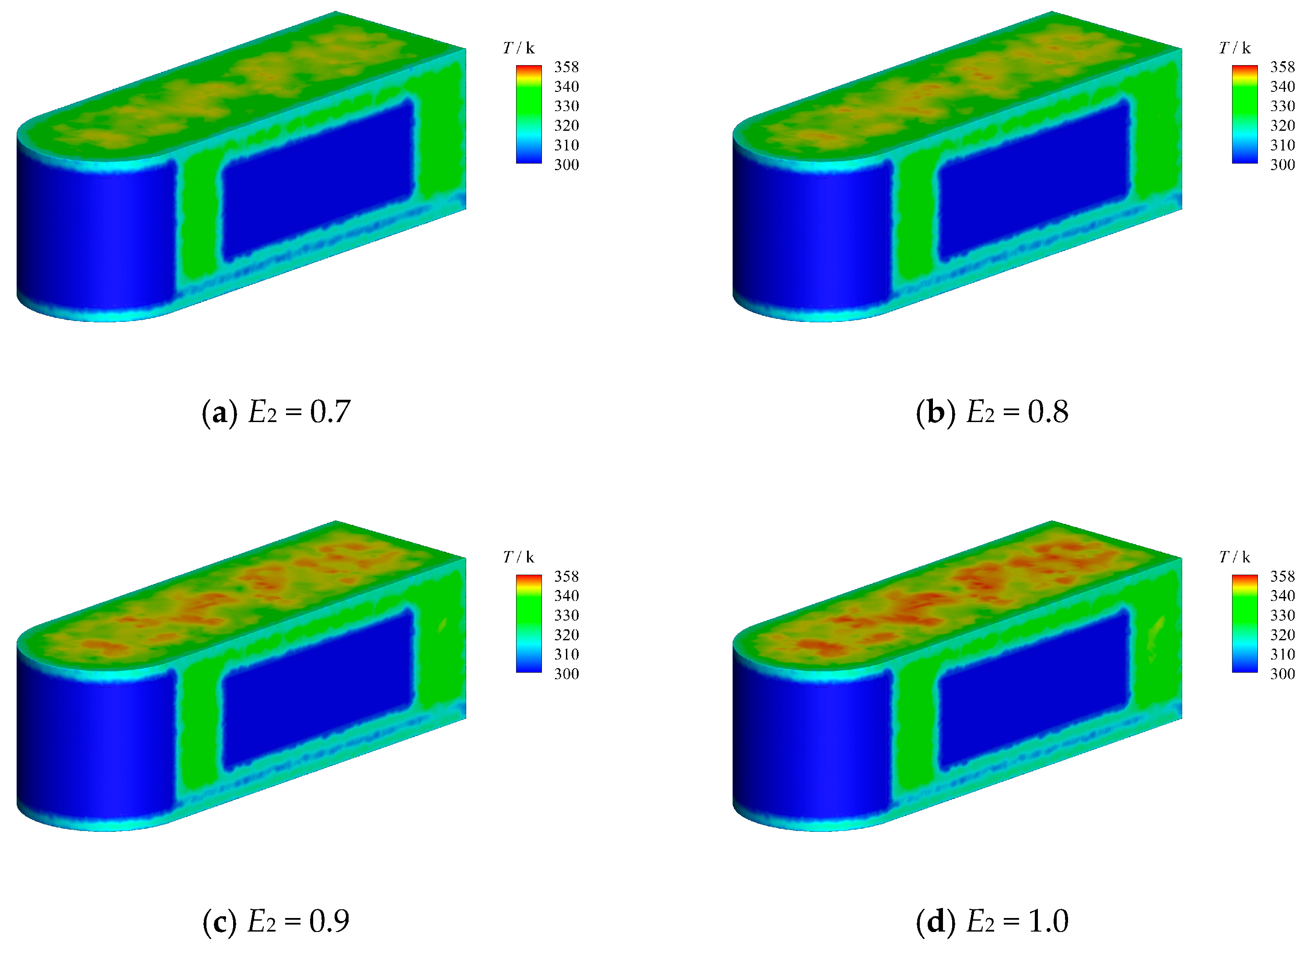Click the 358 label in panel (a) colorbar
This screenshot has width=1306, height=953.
566,67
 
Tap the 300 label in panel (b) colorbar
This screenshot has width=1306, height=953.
1282,164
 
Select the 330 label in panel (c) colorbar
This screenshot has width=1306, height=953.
566,615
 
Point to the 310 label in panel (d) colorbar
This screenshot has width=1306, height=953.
1282,654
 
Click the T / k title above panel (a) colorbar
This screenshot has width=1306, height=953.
519,48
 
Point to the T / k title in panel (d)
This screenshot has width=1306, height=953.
1234,557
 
